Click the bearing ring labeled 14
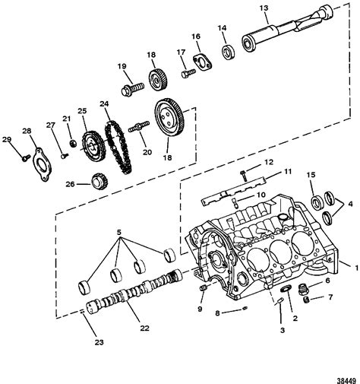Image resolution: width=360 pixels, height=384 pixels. coord(226,52)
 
